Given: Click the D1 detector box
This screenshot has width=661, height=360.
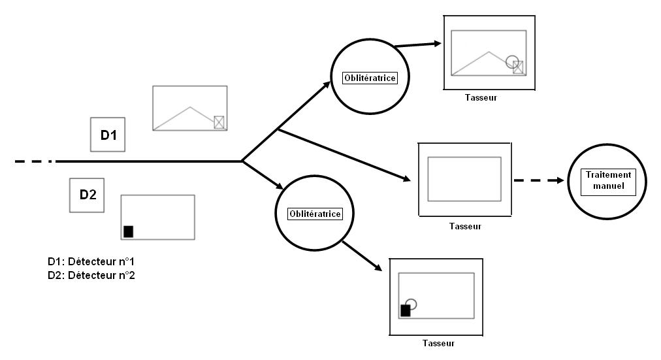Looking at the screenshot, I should (x=108, y=135).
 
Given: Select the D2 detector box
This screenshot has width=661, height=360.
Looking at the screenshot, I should (x=88, y=195).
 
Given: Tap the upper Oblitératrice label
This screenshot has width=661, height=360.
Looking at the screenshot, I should (x=370, y=78).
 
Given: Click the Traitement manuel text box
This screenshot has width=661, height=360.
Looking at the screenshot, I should (x=609, y=180).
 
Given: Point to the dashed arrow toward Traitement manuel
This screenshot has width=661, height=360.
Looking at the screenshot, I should (x=538, y=180).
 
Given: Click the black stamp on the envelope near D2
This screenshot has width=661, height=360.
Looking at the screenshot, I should (x=128, y=231).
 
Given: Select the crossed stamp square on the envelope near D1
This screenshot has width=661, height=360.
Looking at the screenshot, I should (x=219, y=122).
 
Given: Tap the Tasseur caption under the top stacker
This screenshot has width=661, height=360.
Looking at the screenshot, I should (x=481, y=98).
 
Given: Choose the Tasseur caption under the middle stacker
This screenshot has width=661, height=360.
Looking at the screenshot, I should (x=465, y=227).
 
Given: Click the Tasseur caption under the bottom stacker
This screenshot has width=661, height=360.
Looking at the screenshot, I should (x=438, y=343).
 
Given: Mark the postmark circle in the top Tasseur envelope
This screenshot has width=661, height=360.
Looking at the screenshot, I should (x=512, y=62).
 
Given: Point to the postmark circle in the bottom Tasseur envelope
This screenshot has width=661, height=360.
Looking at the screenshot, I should (x=411, y=304).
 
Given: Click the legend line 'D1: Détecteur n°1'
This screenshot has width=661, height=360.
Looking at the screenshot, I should (x=91, y=261).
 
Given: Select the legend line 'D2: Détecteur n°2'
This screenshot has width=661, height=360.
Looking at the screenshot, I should (x=91, y=274).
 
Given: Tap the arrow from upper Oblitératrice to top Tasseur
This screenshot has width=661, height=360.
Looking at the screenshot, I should (x=419, y=45).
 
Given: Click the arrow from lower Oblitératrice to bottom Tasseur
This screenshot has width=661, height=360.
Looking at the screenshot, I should (x=361, y=255).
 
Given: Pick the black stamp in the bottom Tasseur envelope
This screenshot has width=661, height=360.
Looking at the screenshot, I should (x=405, y=310).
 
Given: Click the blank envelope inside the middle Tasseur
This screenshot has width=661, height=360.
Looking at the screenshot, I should (x=464, y=178).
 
